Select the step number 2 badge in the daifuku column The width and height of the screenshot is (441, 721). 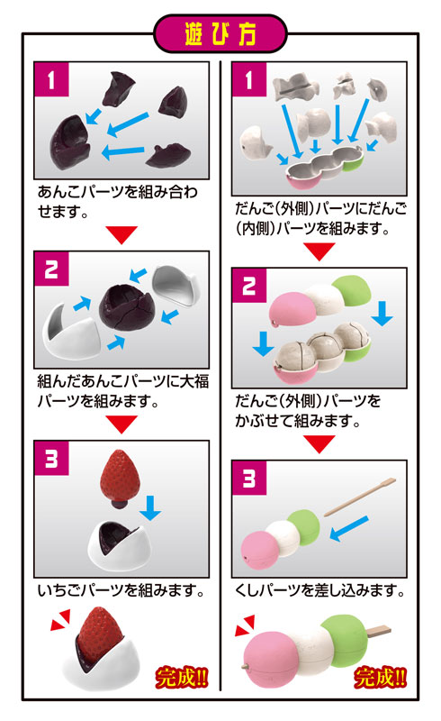tap(51, 268)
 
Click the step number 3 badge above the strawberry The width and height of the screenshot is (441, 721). tap(51, 457)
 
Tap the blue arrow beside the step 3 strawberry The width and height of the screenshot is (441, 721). tap(152, 506)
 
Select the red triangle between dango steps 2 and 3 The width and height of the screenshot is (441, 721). tap(318, 443)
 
